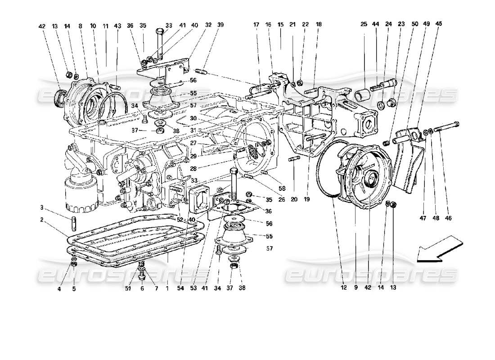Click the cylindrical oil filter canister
point(81,193)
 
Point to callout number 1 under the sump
point(167,288)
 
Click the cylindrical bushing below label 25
point(364,96)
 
